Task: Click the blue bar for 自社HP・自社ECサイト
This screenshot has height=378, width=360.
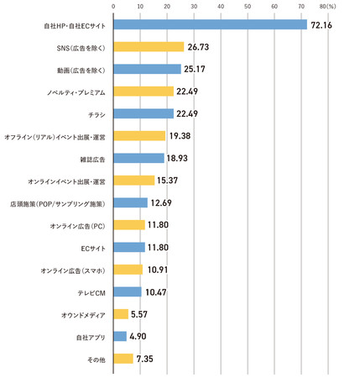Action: click(211, 24)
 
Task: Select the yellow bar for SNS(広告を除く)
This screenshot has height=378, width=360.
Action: click(149, 47)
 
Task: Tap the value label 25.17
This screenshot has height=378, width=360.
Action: click(195, 69)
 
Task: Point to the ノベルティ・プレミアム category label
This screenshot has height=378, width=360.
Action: click(76, 92)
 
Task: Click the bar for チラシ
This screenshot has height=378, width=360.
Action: click(143, 113)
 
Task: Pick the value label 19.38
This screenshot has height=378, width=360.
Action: click(180, 136)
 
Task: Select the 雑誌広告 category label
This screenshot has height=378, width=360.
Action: click(92, 160)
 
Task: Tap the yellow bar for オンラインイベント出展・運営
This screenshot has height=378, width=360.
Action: click(134, 181)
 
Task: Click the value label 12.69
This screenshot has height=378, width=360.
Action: click(161, 202)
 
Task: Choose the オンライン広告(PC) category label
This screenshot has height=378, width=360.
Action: click(78, 226)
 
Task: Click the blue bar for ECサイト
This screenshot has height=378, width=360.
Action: click(129, 247)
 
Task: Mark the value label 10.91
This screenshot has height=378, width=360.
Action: click(158, 270)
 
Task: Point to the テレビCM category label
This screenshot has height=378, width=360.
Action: click(91, 293)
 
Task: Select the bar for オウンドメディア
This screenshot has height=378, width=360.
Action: click(121, 314)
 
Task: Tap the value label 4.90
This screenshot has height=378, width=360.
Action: click(138, 336)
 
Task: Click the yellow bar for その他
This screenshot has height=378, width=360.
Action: click(123, 359)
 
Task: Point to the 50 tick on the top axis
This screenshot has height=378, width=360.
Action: click(248, 7)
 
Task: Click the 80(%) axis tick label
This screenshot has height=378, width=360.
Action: click(327, 7)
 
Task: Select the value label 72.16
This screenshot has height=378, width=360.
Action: click(321, 25)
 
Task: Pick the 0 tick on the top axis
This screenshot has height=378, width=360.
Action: click(113, 7)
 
